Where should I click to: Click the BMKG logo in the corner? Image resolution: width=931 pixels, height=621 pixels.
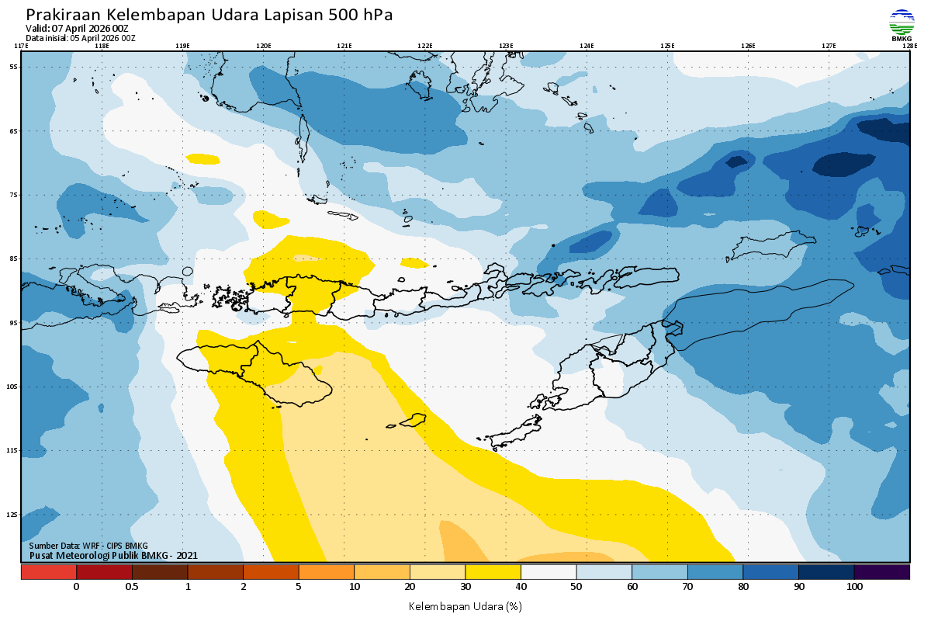[x=902, y=25]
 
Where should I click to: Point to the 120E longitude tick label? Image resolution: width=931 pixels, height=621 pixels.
[x=264, y=46]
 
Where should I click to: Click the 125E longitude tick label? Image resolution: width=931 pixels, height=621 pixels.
[x=667, y=46]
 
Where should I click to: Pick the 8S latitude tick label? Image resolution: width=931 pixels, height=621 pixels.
[x=14, y=258]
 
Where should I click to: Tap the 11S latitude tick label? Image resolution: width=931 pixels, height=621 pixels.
[x=14, y=450]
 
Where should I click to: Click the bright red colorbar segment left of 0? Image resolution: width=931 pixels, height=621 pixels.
[x=49, y=572]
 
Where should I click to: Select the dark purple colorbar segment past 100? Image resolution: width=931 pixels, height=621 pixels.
[x=882, y=572]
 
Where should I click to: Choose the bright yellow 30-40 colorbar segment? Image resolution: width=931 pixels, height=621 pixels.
[x=493, y=572]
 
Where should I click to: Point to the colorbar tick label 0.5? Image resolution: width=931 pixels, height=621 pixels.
[x=132, y=587]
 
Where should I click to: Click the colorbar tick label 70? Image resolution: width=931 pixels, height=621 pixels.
[x=688, y=587]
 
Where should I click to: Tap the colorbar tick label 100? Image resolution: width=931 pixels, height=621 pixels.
[x=854, y=587]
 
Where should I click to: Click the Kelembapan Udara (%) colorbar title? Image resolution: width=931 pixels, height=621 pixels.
[x=465, y=605]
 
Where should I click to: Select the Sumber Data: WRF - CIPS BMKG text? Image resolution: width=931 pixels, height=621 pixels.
[x=88, y=546]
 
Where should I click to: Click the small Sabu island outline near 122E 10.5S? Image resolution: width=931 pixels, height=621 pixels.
[x=413, y=420]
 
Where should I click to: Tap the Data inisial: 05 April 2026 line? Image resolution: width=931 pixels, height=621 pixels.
[x=81, y=37]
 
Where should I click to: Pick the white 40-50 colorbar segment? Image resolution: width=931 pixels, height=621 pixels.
[x=549, y=572]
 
